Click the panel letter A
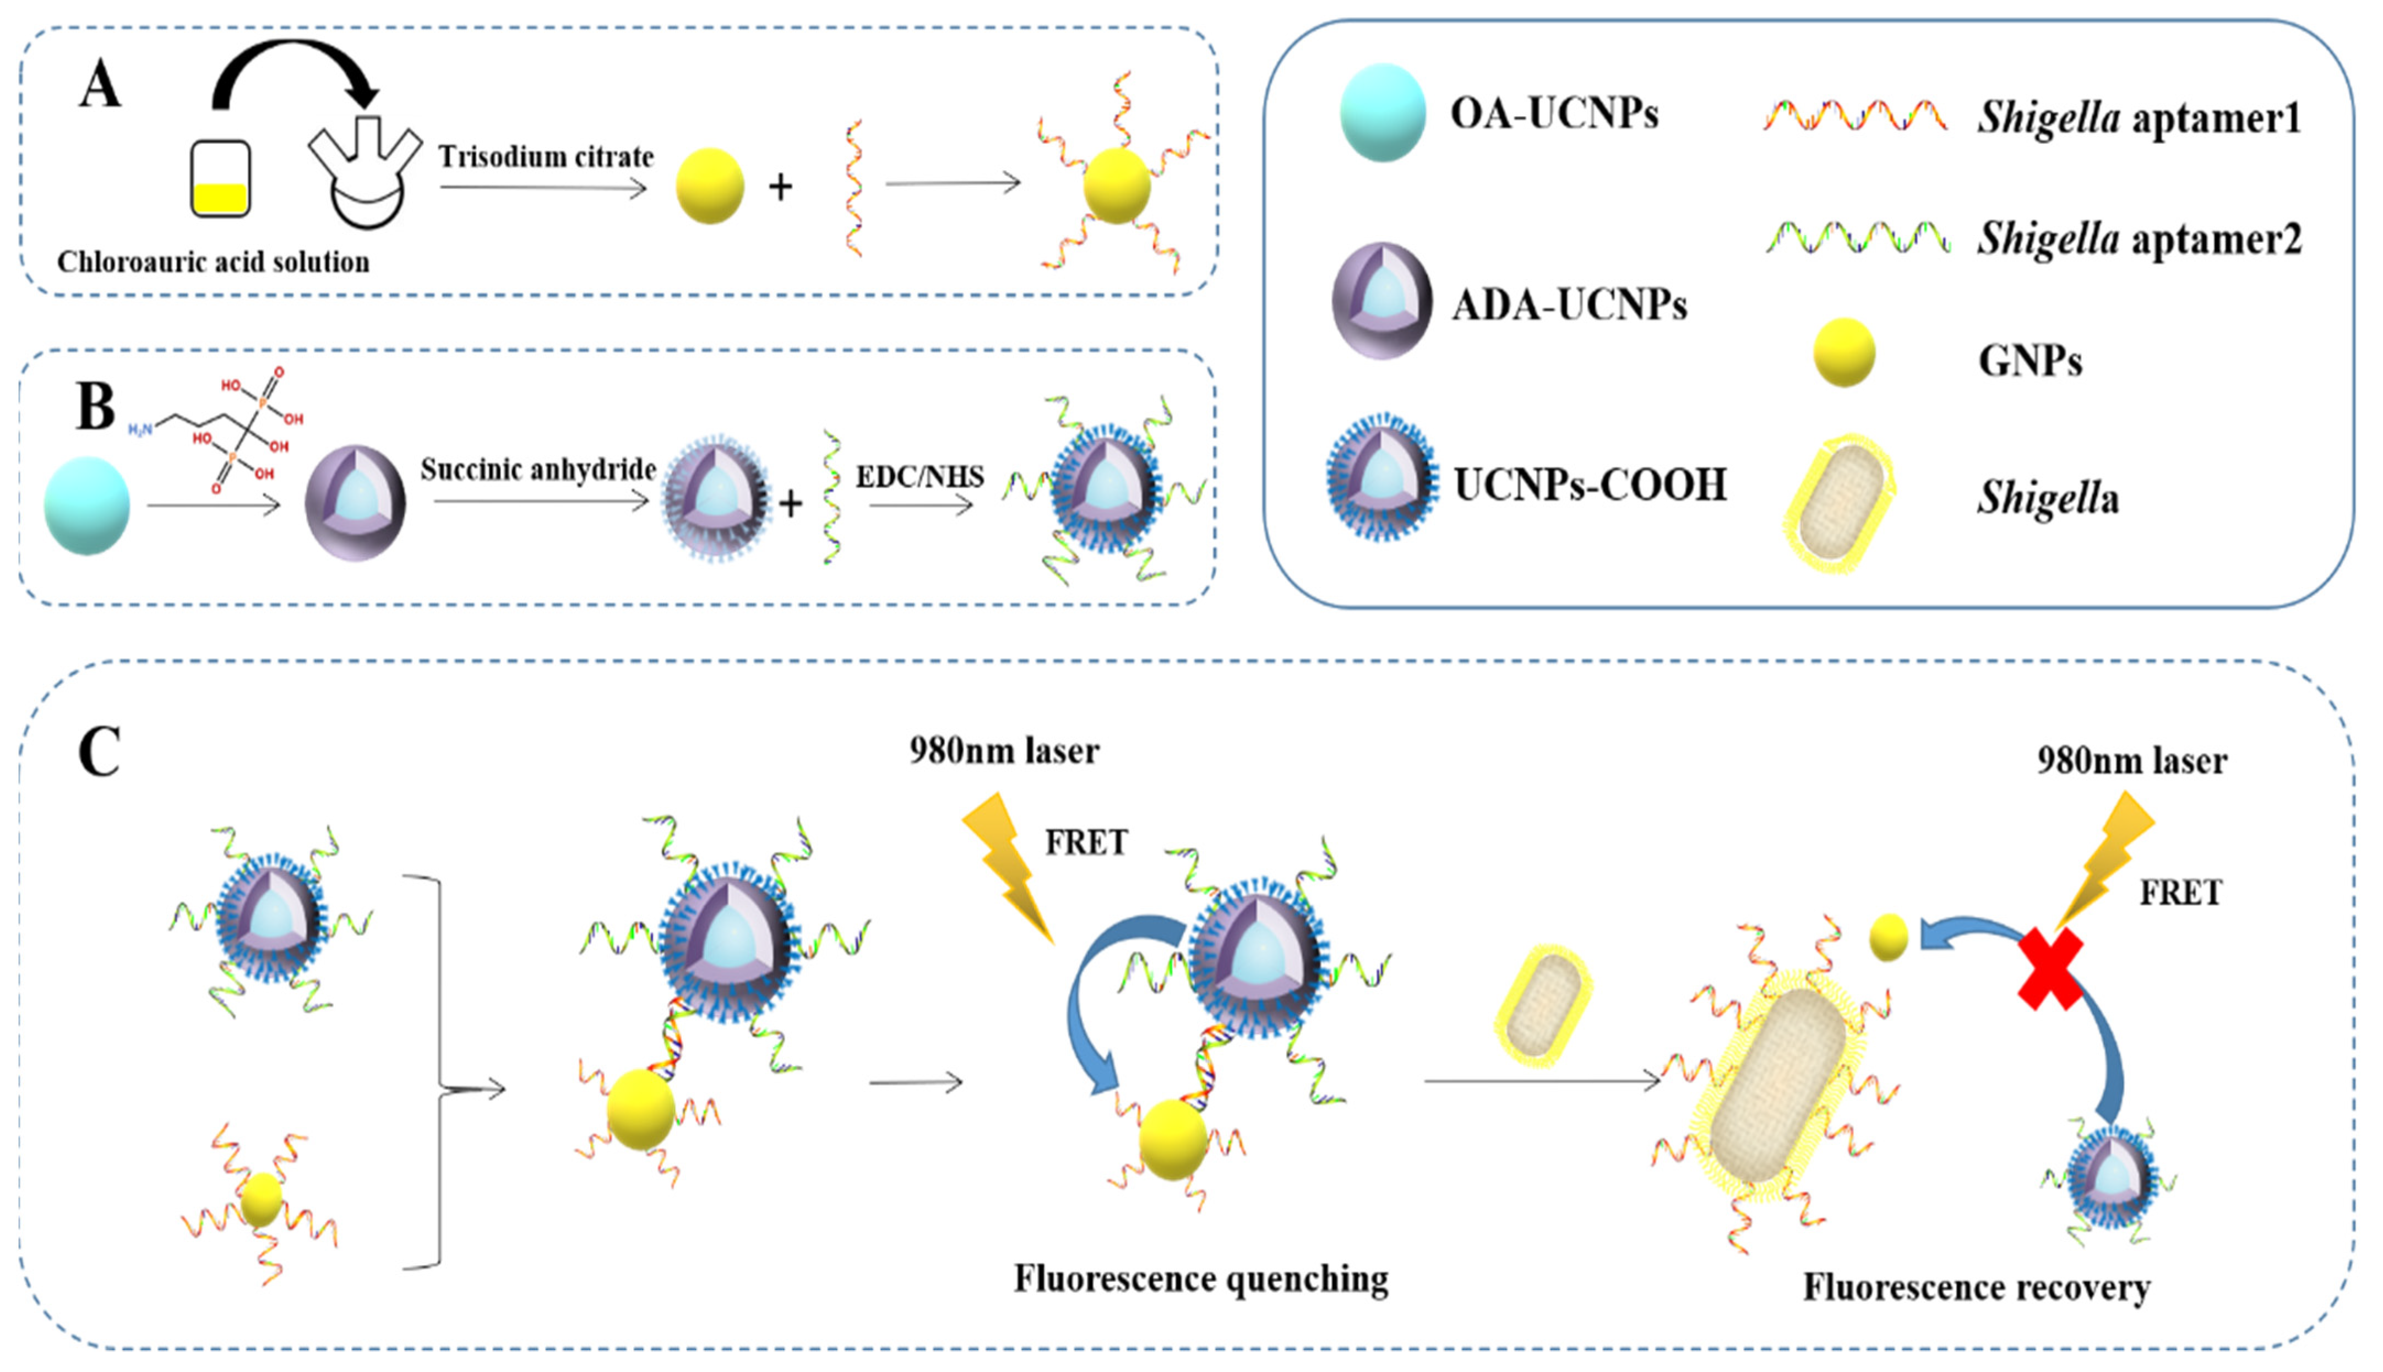100,85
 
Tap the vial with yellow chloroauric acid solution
220,179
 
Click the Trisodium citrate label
546,156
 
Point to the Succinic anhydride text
538,469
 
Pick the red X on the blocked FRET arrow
2050,968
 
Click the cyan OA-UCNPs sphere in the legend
1383,113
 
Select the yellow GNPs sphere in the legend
1844,352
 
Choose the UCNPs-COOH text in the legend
1591,484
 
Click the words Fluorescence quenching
1200,1279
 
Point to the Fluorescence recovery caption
1977,1287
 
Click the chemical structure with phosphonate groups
231,429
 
